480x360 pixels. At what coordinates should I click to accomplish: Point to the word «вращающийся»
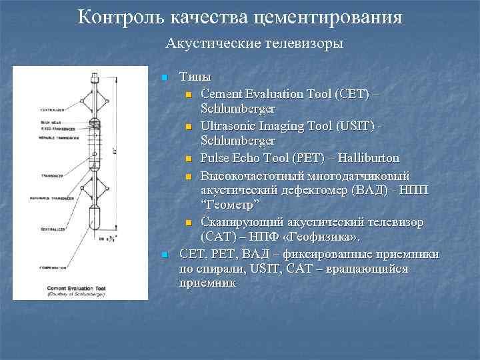coord(383,269)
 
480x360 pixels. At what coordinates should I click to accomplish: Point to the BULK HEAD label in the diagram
coord(33,121)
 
